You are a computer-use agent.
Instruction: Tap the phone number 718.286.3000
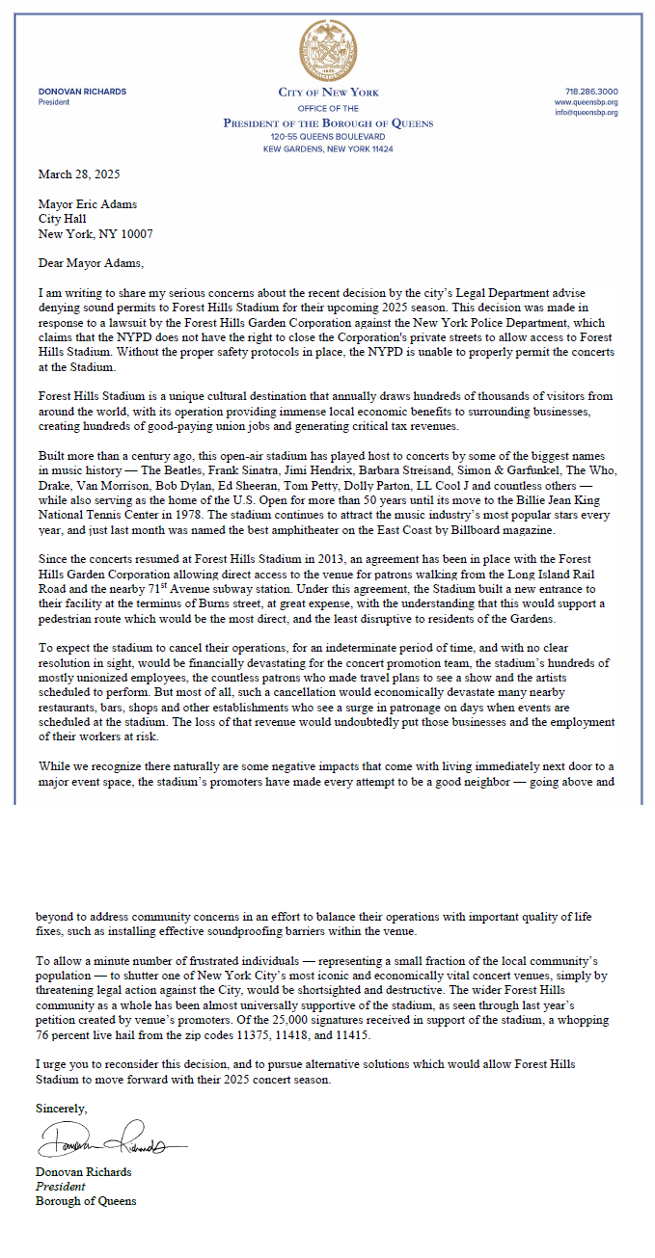click(591, 92)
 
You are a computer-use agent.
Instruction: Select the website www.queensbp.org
click(587, 102)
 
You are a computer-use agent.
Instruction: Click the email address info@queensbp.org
click(587, 113)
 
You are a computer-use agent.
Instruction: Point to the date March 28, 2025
click(79, 174)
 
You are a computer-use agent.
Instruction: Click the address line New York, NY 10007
click(95, 234)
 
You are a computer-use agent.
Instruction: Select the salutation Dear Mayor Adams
click(90, 262)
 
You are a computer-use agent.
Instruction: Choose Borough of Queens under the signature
click(86, 1201)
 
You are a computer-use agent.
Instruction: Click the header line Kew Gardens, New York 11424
click(328, 149)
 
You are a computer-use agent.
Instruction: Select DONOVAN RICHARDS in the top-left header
click(82, 92)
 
